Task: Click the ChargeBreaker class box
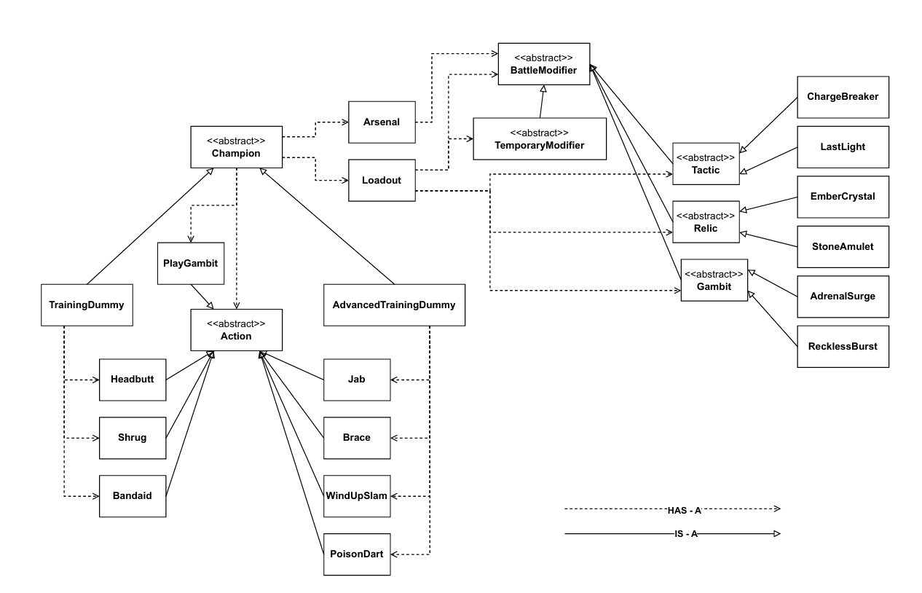(x=843, y=97)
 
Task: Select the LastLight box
(x=843, y=146)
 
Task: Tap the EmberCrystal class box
(x=843, y=197)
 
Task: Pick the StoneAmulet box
(x=843, y=246)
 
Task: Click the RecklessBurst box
(x=843, y=346)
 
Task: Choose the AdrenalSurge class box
(x=843, y=296)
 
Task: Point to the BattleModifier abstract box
(x=543, y=64)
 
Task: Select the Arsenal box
(x=381, y=122)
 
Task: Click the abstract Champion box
(x=235, y=147)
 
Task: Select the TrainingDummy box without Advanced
(x=87, y=305)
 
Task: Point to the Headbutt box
(x=133, y=380)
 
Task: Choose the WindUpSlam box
(x=357, y=496)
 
